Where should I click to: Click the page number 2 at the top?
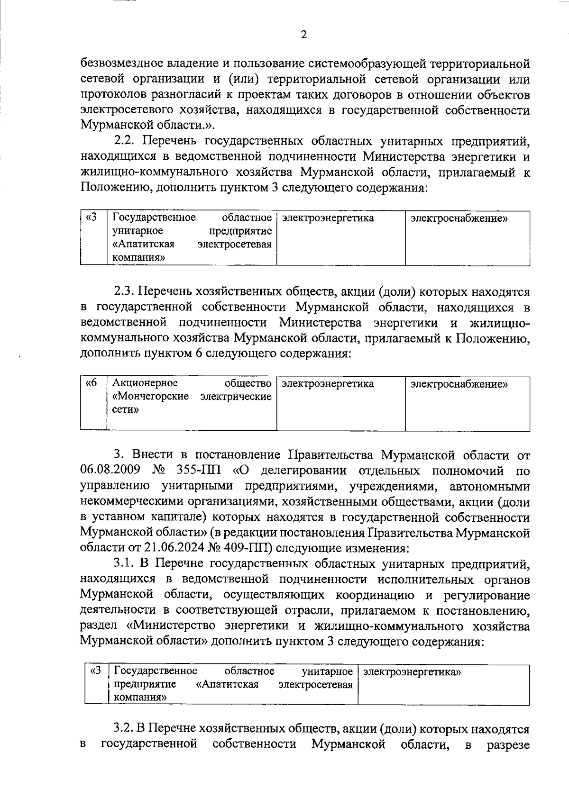coord(303,35)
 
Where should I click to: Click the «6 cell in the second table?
coord(91,383)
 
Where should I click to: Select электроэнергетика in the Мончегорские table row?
coord(328,384)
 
